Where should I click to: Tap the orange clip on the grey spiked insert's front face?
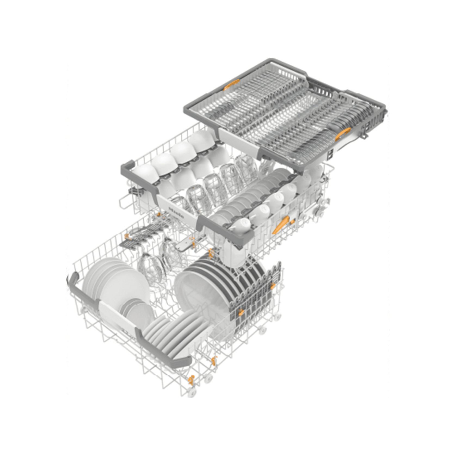[241, 312]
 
